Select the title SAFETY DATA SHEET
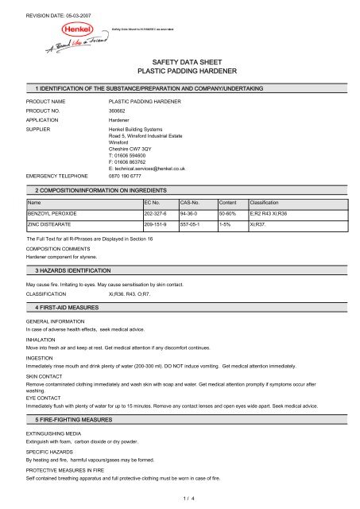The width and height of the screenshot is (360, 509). [x=180, y=60]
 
